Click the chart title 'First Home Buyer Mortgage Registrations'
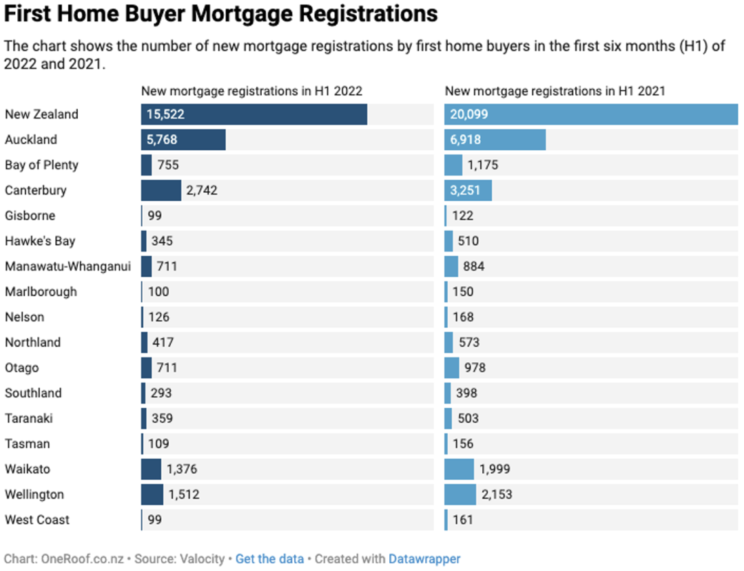click(220, 14)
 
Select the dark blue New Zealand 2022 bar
click(254, 114)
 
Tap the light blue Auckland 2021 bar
click(495, 139)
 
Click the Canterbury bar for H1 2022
click(161, 190)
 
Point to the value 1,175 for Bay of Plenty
click(482, 165)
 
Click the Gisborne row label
click(30, 216)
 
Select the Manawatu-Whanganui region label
click(68, 267)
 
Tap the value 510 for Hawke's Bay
click(468, 241)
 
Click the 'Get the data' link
click(269, 559)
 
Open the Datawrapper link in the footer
click(424, 559)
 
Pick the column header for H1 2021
click(555, 91)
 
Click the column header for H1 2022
click(251, 91)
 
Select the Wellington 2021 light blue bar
click(460, 494)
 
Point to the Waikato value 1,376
click(182, 469)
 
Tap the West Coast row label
click(37, 520)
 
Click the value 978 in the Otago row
click(475, 368)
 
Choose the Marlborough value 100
click(158, 291)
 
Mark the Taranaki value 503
click(468, 418)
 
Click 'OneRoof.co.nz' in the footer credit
click(83, 559)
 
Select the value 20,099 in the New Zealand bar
click(469, 114)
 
